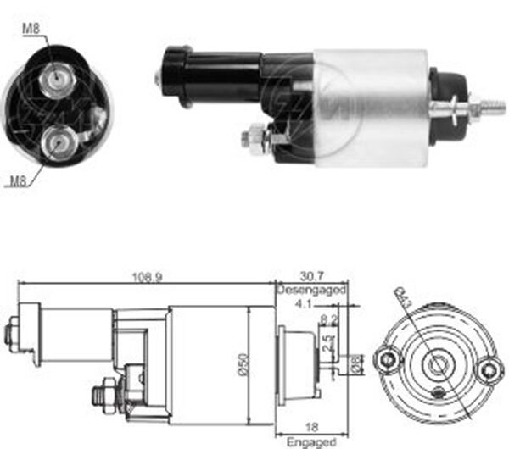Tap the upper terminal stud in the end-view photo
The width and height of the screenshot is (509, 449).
pos(57,77)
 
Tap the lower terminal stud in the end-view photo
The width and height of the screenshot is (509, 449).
pos(57,141)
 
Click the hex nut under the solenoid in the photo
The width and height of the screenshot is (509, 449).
pos(254,136)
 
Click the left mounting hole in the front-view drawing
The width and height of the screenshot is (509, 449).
pos(389,359)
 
